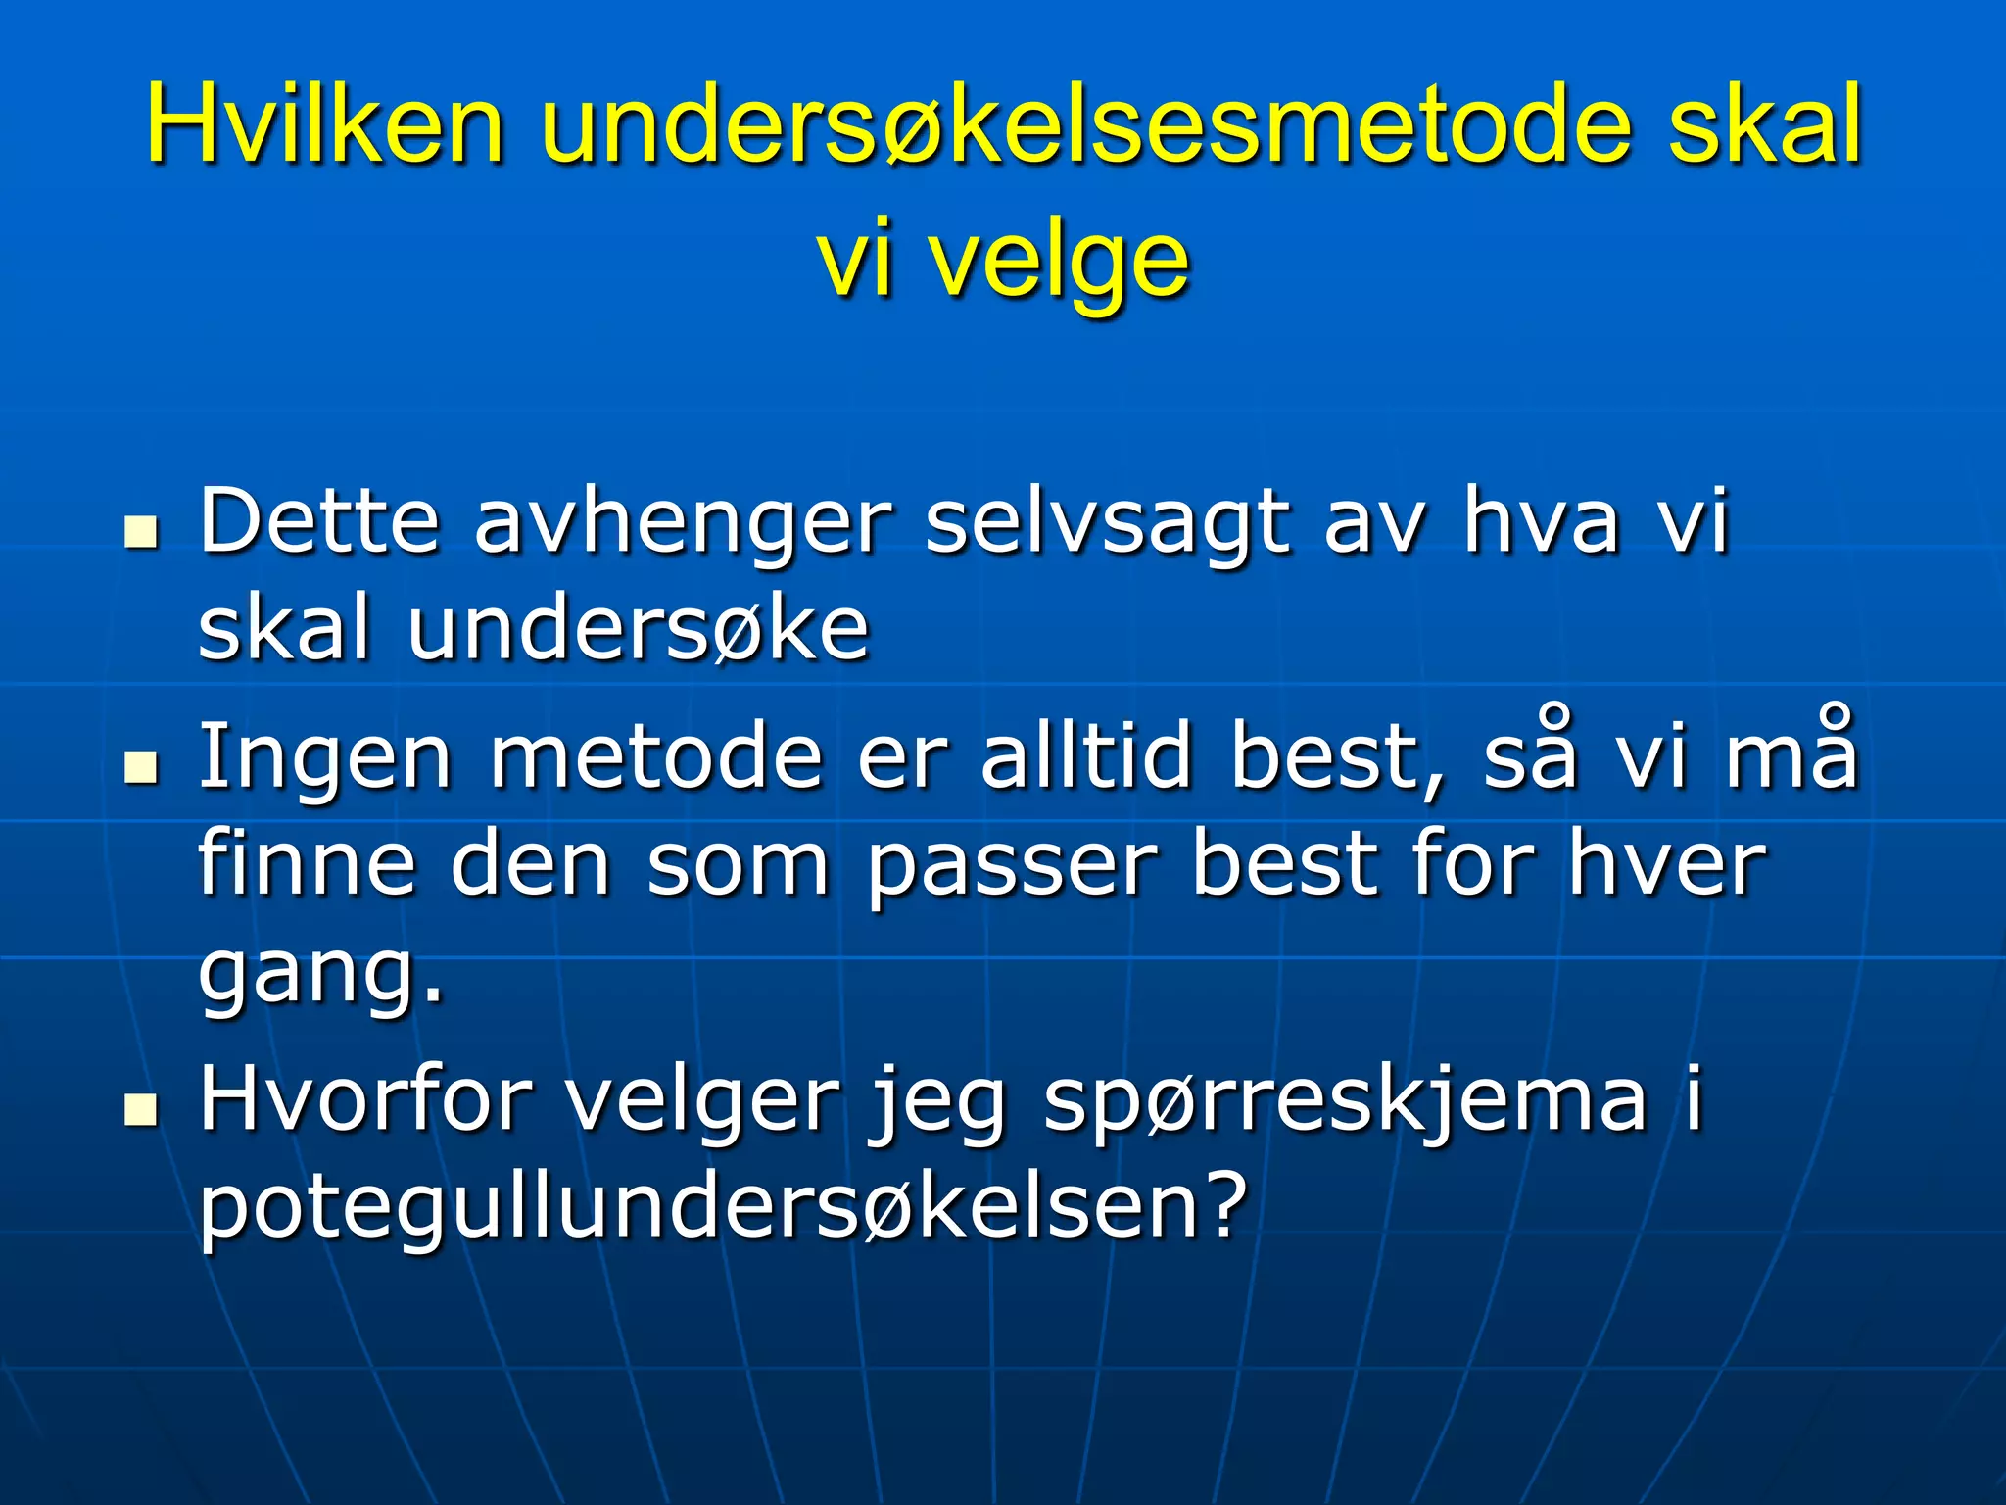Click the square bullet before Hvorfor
(142, 1109)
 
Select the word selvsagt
(1107, 522)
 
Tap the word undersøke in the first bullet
(639, 629)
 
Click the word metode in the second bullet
(655, 756)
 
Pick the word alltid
(1087, 756)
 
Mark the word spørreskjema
(1346, 1099)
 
